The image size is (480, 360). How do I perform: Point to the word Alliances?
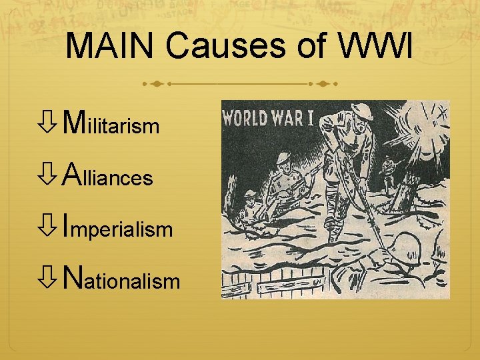[107, 176]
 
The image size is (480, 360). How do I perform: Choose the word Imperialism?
[117, 229]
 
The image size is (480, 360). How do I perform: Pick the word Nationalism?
[121, 280]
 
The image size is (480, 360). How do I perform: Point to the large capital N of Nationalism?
[71, 279]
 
